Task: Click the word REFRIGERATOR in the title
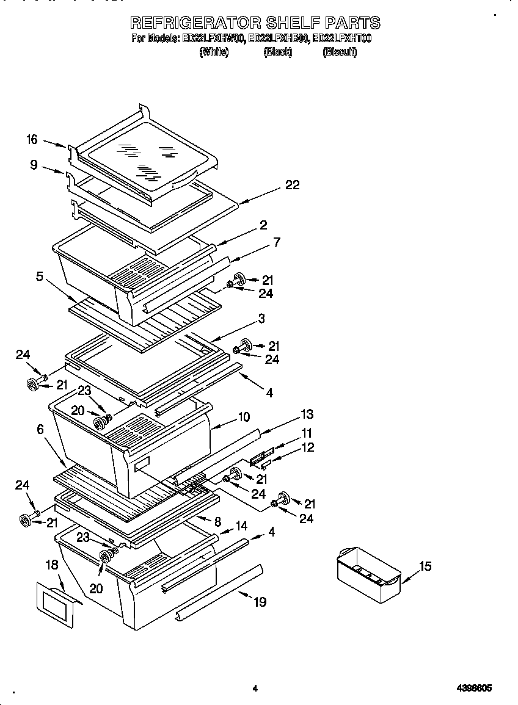[195, 23]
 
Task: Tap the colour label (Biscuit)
[340, 52]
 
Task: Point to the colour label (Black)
[278, 52]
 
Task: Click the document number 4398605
[474, 689]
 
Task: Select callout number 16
[32, 140]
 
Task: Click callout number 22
[293, 185]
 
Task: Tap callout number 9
[34, 164]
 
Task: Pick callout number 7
[277, 242]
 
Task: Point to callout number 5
[40, 276]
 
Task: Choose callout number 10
[244, 417]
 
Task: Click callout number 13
[307, 414]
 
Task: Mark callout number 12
[308, 447]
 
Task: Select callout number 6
[40, 429]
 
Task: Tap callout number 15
[425, 566]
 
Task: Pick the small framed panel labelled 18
[56, 604]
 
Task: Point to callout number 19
[260, 602]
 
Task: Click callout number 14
[241, 526]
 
